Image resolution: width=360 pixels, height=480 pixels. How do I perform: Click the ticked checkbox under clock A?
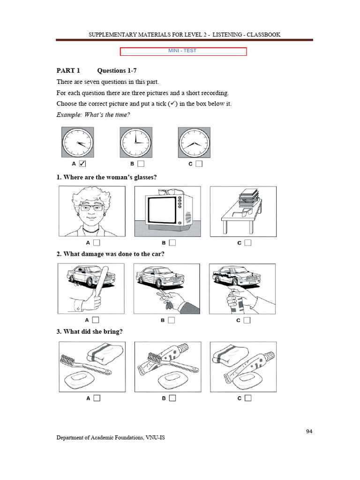[x=82, y=164]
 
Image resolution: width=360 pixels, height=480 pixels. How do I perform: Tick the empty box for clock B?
[x=141, y=164]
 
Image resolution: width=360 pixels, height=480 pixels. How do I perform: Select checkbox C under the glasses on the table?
[x=248, y=243]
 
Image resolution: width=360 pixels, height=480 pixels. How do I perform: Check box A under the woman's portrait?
[x=97, y=243]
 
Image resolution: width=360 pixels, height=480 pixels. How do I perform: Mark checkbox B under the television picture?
[x=172, y=243]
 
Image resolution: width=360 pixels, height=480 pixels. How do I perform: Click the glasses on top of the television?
[x=170, y=192]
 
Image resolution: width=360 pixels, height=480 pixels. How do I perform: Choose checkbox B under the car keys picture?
[x=172, y=320]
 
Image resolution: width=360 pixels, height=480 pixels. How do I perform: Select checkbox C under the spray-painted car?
[x=247, y=320]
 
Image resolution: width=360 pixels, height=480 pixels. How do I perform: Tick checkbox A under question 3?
[x=97, y=398]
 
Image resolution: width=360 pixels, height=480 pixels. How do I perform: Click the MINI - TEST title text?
[x=182, y=51]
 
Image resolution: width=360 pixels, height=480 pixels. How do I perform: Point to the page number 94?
[x=309, y=431]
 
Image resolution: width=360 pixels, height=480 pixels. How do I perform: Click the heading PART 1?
[x=68, y=71]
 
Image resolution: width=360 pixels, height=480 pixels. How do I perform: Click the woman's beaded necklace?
[x=91, y=230]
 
